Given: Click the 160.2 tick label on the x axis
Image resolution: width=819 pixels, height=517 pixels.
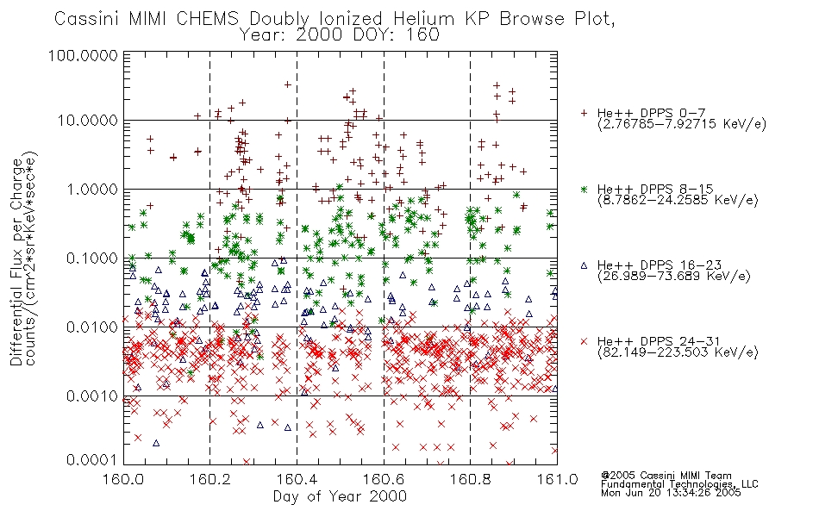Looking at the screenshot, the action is [x=210, y=479].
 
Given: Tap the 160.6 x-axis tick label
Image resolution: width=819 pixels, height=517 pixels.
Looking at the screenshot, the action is [x=384, y=479].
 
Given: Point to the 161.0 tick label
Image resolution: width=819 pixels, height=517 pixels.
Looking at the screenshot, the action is [x=557, y=479].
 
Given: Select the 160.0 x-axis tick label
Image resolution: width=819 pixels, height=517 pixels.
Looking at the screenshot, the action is [x=124, y=479].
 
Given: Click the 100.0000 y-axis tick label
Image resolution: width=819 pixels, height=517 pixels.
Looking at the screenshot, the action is [x=83, y=55].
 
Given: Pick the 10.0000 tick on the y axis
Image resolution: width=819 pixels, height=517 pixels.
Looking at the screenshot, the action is [x=88, y=121].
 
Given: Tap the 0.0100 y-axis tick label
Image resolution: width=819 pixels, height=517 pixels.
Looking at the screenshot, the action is [x=92, y=327].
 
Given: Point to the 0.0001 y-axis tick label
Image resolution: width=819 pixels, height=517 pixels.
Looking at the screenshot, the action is [x=92, y=460].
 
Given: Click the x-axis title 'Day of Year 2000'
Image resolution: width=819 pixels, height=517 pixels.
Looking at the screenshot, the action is [x=340, y=496].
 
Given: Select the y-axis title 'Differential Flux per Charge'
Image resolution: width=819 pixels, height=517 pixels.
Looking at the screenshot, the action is [x=16, y=262].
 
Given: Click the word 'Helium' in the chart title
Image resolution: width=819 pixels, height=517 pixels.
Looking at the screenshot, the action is [x=423, y=19].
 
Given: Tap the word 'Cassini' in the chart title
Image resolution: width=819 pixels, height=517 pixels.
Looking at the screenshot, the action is [x=88, y=19].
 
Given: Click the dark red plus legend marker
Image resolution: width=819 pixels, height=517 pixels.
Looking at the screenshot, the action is [x=584, y=113].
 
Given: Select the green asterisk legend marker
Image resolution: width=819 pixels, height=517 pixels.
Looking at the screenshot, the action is [x=584, y=189].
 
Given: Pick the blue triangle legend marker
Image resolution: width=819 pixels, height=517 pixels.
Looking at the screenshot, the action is [x=584, y=265].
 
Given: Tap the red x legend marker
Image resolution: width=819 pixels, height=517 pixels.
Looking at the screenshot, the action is [x=584, y=341].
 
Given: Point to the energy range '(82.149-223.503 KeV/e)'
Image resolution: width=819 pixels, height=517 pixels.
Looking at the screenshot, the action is [x=678, y=352].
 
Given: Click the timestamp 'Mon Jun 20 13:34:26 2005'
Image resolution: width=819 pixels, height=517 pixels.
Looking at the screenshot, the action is [x=671, y=493].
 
